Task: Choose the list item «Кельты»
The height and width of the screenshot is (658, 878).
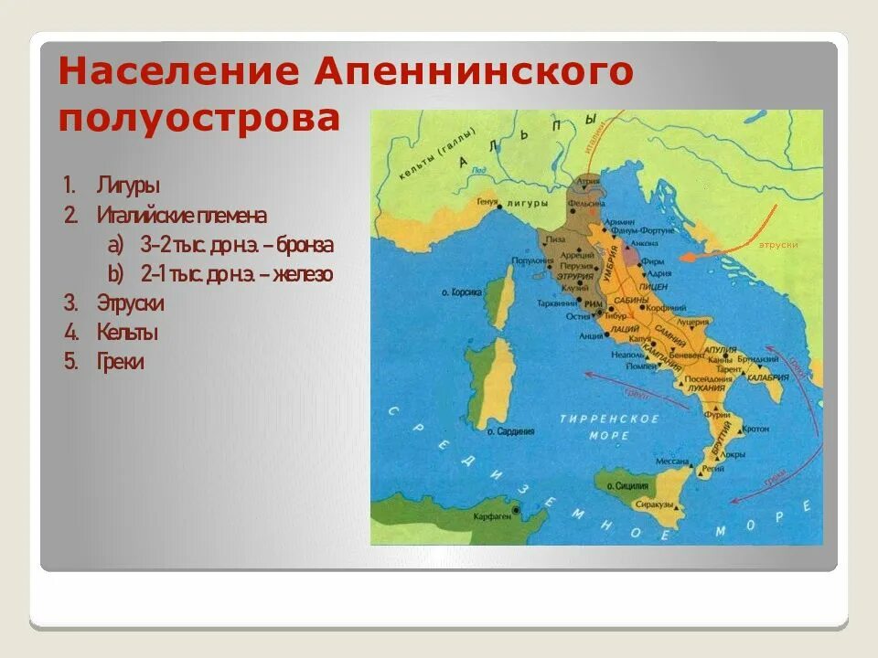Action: point(127,332)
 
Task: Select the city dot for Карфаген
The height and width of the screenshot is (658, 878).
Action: point(519,509)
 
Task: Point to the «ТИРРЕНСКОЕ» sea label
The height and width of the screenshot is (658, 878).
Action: point(610,419)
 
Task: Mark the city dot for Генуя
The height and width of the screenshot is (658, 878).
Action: point(500,207)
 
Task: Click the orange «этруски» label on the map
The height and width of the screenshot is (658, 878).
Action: point(779,244)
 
